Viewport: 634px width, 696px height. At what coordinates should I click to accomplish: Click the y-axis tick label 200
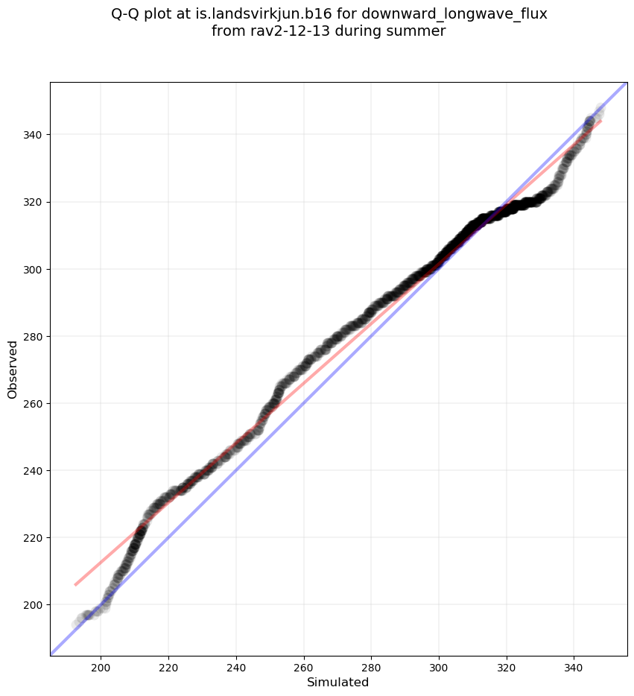click(x=32, y=604)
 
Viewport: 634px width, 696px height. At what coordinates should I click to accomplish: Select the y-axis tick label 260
click(x=32, y=403)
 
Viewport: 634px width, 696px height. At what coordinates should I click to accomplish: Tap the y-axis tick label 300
click(x=32, y=269)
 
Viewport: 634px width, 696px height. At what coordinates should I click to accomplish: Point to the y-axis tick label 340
click(x=32, y=135)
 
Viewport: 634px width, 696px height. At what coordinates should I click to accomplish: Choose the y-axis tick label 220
click(x=32, y=537)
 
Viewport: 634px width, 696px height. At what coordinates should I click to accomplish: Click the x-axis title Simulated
click(x=338, y=682)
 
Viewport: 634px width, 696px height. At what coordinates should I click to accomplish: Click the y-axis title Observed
click(x=13, y=369)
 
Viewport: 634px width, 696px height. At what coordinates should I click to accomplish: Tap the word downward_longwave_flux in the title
click(x=454, y=14)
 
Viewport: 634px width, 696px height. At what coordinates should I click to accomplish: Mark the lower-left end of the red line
click(x=75, y=585)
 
